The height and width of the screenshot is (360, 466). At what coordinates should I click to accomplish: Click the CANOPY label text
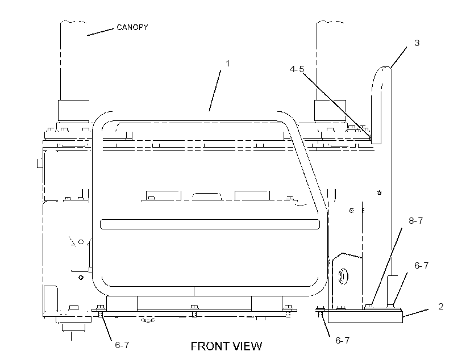(x=132, y=27)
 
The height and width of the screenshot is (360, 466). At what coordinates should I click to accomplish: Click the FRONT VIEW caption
(x=226, y=346)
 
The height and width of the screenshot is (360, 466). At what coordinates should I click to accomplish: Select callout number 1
(x=228, y=64)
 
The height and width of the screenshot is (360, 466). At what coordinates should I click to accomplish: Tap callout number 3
(x=417, y=43)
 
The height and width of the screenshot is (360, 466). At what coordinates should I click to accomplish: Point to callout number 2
(x=441, y=306)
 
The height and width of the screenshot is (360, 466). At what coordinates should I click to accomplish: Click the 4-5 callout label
(x=297, y=69)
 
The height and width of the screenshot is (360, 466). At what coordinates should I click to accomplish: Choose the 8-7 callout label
(x=416, y=221)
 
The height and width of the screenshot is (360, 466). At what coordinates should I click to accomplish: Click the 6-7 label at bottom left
(x=122, y=345)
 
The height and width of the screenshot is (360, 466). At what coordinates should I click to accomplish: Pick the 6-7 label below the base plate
(x=342, y=340)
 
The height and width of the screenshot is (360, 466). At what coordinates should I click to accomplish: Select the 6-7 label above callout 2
(x=422, y=266)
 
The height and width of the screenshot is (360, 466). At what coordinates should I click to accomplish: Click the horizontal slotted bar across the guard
(x=210, y=224)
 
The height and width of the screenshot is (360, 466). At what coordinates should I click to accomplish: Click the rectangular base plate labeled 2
(x=365, y=316)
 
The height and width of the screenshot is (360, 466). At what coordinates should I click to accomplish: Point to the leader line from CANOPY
(x=101, y=32)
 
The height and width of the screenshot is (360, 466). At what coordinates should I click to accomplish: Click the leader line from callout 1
(x=215, y=91)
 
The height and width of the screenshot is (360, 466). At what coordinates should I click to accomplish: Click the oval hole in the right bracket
(x=343, y=276)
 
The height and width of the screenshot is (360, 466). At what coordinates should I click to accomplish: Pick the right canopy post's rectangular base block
(x=330, y=111)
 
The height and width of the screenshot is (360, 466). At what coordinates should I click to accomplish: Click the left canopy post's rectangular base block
(x=73, y=110)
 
